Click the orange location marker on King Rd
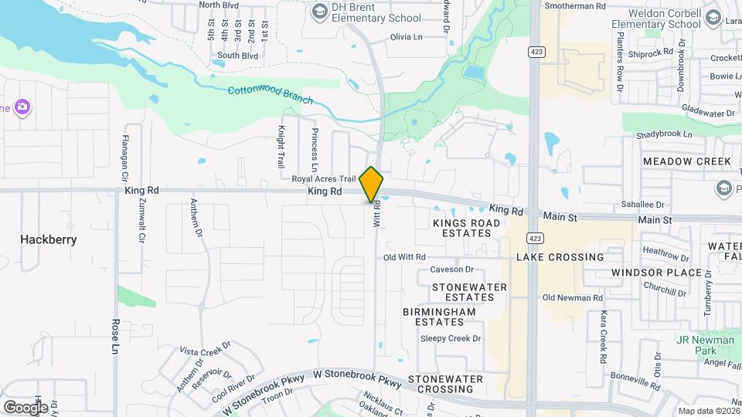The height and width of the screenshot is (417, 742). (x=372, y=185)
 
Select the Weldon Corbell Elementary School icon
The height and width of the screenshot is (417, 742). (x=713, y=18)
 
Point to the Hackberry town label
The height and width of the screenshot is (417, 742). (x=49, y=239)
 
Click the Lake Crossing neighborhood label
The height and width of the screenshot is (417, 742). (x=560, y=257)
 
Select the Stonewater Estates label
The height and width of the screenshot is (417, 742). (x=469, y=292)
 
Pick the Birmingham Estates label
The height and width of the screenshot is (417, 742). (x=439, y=317)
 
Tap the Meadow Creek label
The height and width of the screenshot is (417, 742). (x=687, y=161)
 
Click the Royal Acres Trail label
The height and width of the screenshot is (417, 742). (x=323, y=179)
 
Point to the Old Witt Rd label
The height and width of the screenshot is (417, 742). (x=405, y=257)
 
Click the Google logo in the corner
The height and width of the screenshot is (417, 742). (x=26, y=407)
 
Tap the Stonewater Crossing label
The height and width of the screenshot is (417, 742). (x=445, y=384)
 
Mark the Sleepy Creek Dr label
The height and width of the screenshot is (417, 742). (x=451, y=338)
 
